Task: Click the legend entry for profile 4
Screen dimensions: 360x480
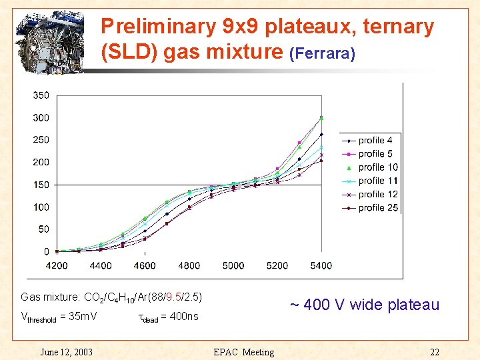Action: [369, 141]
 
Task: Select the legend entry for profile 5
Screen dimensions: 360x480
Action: [369, 154]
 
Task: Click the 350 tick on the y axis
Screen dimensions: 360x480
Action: [41, 95]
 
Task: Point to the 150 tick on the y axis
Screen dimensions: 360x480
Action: [41, 185]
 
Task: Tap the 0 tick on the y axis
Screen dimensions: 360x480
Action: [46, 251]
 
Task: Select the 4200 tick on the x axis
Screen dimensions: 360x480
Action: [57, 265]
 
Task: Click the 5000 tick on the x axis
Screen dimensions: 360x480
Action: [233, 265]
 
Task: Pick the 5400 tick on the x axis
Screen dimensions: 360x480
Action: [321, 265]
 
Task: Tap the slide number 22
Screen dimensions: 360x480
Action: [435, 352]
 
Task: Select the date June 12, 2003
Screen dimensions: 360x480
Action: [66, 352]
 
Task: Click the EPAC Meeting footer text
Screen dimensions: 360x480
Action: [243, 352]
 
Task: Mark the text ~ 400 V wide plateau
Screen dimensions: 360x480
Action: [364, 305]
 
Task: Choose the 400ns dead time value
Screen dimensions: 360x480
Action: [183, 317]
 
